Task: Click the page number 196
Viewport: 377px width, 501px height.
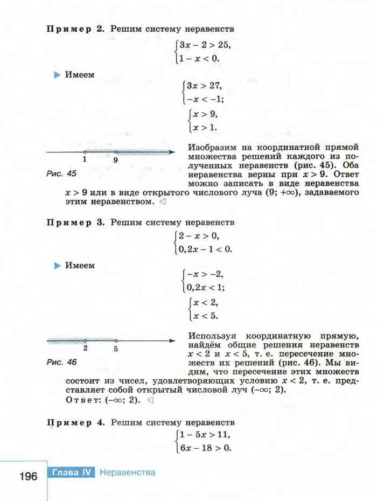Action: click(27, 476)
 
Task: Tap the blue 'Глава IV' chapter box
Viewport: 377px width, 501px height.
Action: click(73, 472)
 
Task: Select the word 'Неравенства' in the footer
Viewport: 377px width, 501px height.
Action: click(128, 472)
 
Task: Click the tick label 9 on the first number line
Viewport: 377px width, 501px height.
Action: click(116, 160)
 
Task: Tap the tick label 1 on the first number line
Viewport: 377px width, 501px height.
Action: click(85, 160)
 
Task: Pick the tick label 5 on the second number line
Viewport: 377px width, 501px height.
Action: click(116, 349)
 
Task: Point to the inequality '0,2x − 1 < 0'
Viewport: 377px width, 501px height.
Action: click(207, 248)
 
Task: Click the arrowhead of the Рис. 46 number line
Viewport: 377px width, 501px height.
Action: click(172, 340)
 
